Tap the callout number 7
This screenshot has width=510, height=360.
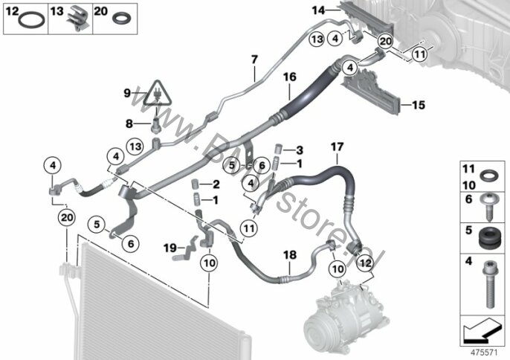pos(254,59)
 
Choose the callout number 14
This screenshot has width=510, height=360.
pos(318,10)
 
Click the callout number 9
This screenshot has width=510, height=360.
pos(128,93)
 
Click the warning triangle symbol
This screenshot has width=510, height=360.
pos(158,94)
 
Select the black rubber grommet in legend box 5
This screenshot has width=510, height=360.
pos(487,238)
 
